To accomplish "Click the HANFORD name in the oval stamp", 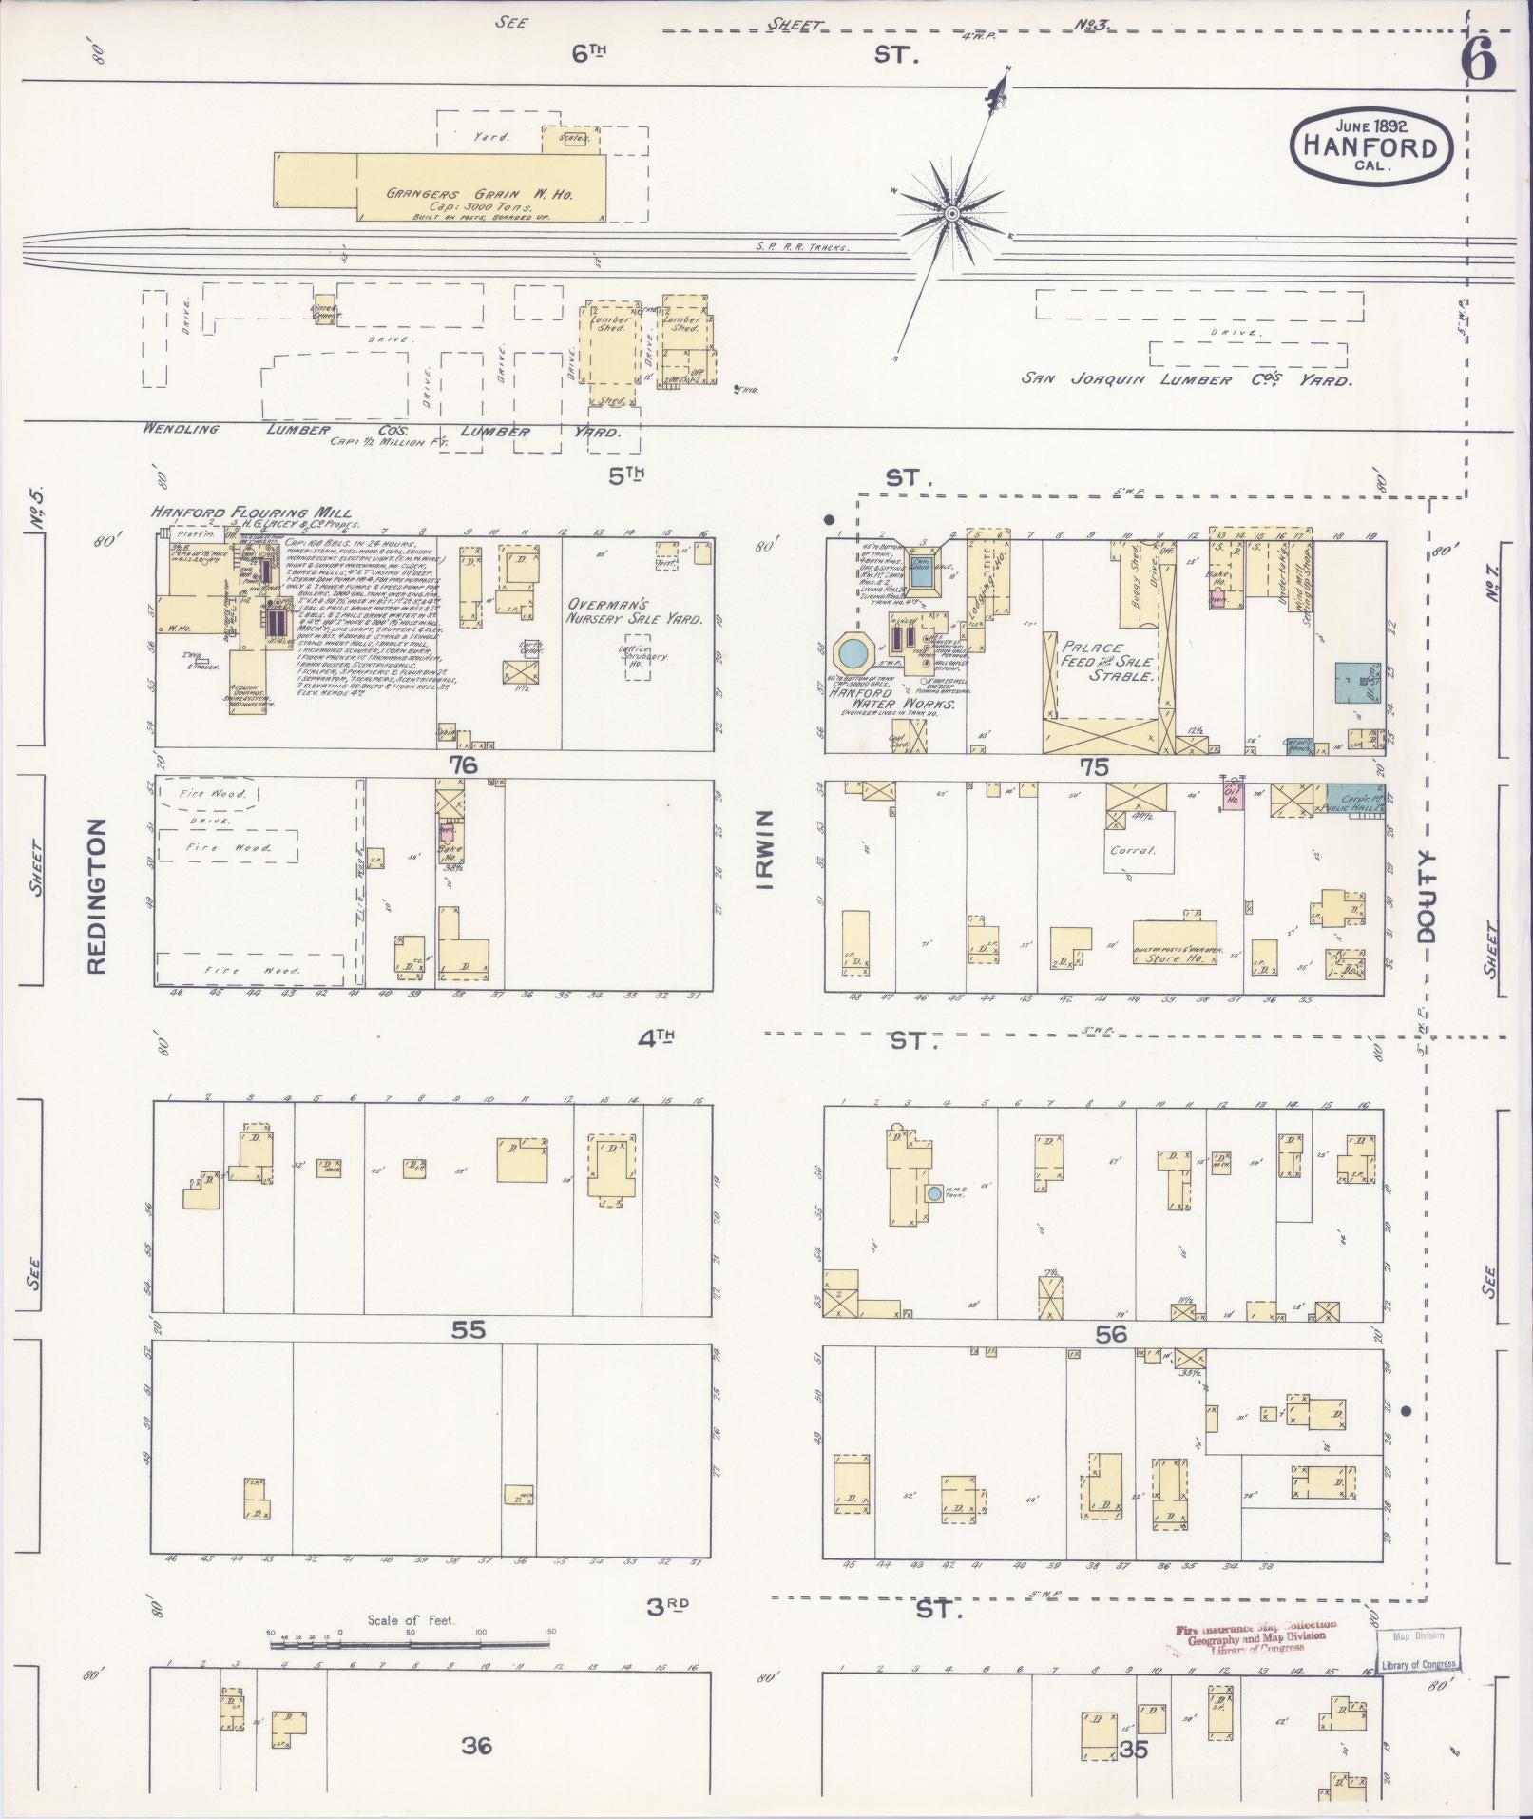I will point(1371,146).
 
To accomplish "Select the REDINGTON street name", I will point(96,897).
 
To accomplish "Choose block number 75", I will point(1093,767).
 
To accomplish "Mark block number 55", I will point(469,1329).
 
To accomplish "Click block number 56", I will point(1110,1334).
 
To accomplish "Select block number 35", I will point(1135,1749).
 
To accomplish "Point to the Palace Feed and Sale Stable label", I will point(1107,661).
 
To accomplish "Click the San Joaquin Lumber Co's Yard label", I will point(1185,379).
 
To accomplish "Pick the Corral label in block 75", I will point(1132,850).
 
